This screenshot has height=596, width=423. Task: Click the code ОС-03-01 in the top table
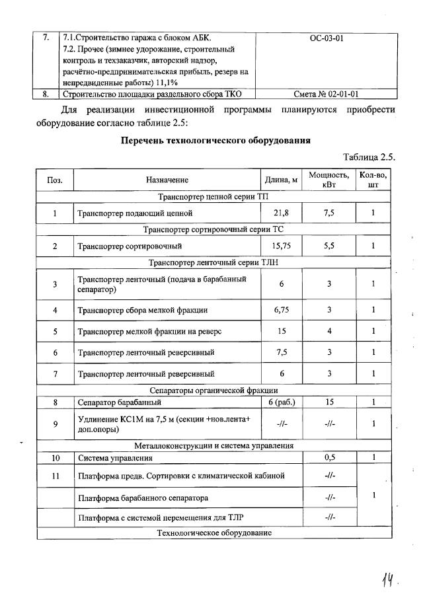tap(325, 38)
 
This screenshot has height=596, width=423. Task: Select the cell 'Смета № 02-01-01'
tap(325, 94)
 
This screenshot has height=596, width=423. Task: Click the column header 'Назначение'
tap(167, 180)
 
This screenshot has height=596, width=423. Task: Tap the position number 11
tap(55, 476)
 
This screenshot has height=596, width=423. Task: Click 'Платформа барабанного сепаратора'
tap(143, 498)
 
